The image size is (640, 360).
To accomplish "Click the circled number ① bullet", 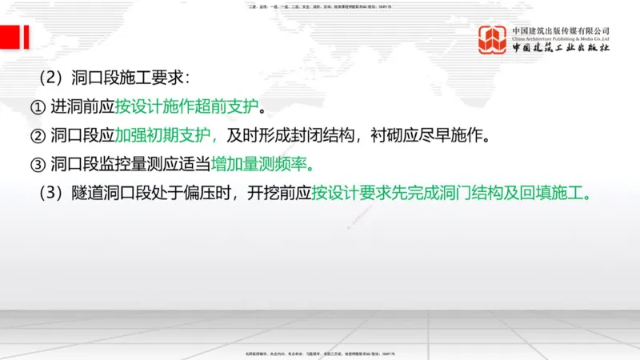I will pyautogui.click(x=38, y=106).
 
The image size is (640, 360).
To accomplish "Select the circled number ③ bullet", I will pyautogui.click(x=38, y=166).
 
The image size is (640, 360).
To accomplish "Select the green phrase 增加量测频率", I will pyautogui.click(x=262, y=166).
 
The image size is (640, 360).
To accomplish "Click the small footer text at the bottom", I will pyautogui.click(x=320, y=353).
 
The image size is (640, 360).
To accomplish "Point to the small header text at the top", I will pyautogui.click(x=320, y=7).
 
